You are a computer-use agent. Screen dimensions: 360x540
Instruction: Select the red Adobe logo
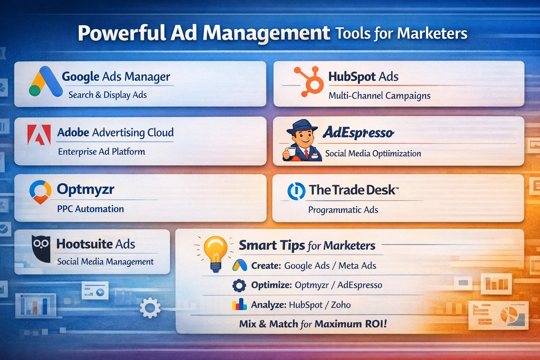pos(39,135)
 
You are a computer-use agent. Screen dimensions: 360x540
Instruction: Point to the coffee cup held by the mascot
pos(290,152)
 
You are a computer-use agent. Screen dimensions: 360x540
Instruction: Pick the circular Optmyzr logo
pos(40,192)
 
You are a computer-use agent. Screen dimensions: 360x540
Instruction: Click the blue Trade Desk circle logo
pos(296,191)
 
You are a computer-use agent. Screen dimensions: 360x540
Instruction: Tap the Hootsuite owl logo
pos(41,248)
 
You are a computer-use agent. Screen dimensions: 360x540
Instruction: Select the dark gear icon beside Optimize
pos(239,285)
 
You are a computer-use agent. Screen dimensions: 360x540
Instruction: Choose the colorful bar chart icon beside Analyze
pos(239,304)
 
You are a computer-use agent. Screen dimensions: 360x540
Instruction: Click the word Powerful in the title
pos(122,34)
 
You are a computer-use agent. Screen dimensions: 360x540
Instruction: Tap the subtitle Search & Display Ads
pos(108,95)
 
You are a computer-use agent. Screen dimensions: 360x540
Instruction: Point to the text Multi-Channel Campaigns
pos(379,96)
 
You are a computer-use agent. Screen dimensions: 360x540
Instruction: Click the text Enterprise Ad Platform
pos(102,152)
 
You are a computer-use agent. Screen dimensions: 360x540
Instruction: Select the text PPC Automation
pos(90,209)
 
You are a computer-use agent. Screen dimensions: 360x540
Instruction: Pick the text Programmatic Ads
pos(343,210)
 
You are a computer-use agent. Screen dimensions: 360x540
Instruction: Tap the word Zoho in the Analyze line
pos(341,304)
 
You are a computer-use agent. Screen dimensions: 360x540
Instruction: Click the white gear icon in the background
pos(150,308)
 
